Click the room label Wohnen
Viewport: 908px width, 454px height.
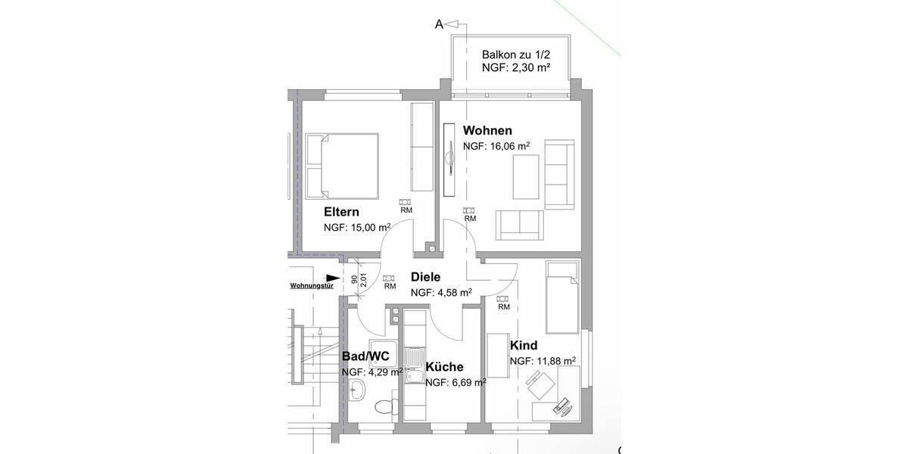pyautogui.click(x=487, y=130)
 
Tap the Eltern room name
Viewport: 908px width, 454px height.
pyautogui.click(x=341, y=212)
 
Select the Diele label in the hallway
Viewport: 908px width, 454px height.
pyautogui.click(x=425, y=278)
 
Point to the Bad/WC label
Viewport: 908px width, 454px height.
pyautogui.click(x=365, y=356)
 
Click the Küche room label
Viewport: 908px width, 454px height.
pyautogui.click(x=444, y=367)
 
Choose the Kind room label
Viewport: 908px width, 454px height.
pyautogui.click(x=524, y=346)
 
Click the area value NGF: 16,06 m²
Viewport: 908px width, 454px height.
pyautogui.click(x=496, y=147)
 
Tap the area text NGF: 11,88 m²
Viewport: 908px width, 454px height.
pyautogui.click(x=543, y=361)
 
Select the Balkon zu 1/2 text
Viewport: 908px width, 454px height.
pyautogui.click(x=515, y=55)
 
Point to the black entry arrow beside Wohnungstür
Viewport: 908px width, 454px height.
pyautogui.click(x=331, y=277)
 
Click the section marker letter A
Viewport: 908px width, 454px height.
pyautogui.click(x=438, y=24)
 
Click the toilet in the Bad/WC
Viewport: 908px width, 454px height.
pyautogui.click(x=385, y=406)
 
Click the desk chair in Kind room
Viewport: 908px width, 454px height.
pyautogui.click(x=540, y=390)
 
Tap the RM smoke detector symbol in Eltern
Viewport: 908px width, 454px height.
pyautogui.click(x=406, y=203)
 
